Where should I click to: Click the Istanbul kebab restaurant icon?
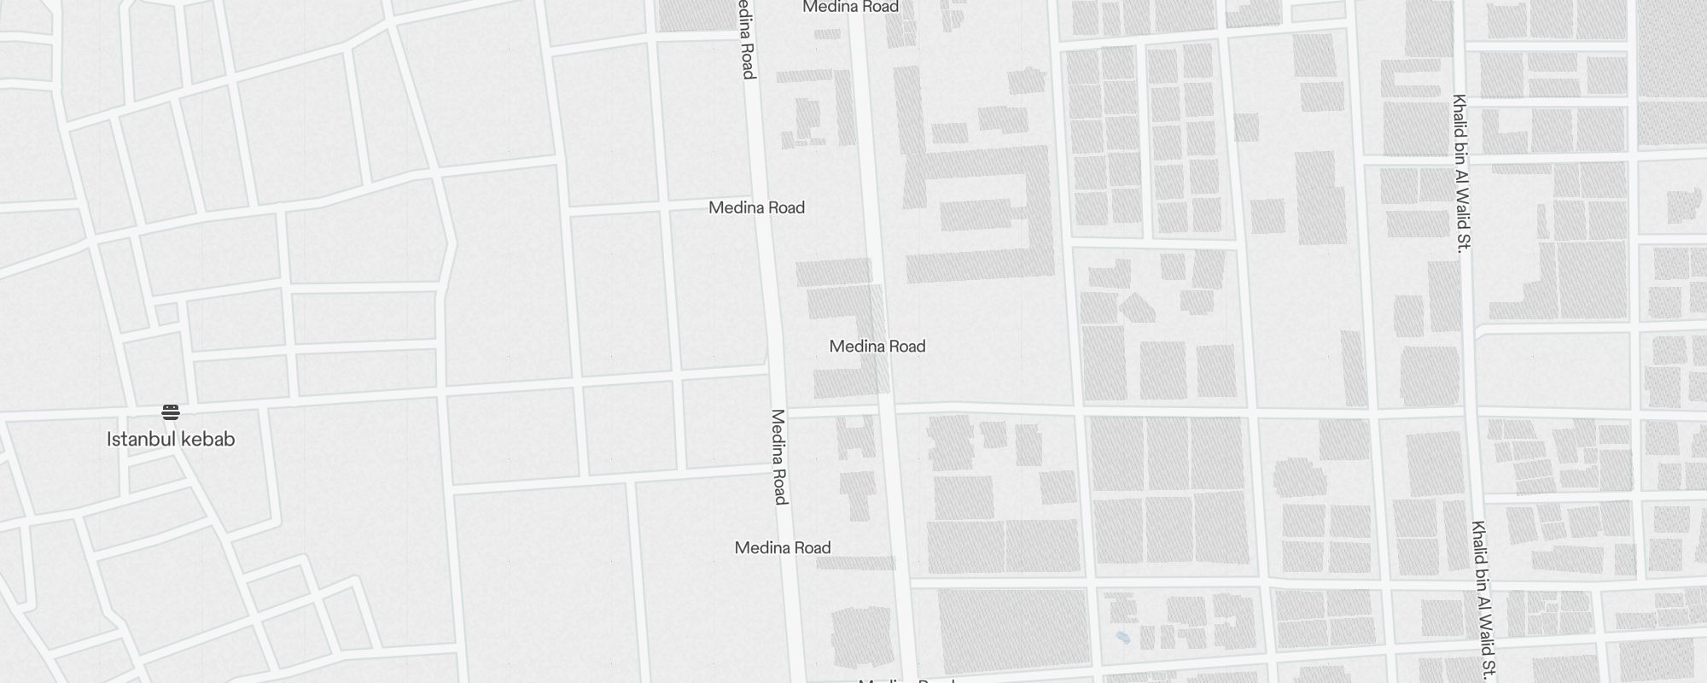(171, 412)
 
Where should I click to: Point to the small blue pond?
(1123, 637)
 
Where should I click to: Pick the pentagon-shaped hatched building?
(1137, 308)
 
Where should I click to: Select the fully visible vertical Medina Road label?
(779, 457)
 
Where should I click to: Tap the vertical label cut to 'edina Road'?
(747, 39)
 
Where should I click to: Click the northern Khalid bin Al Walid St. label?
(1460, 173)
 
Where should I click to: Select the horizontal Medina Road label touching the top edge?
(851, 7)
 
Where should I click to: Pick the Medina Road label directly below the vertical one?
(783, 548)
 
